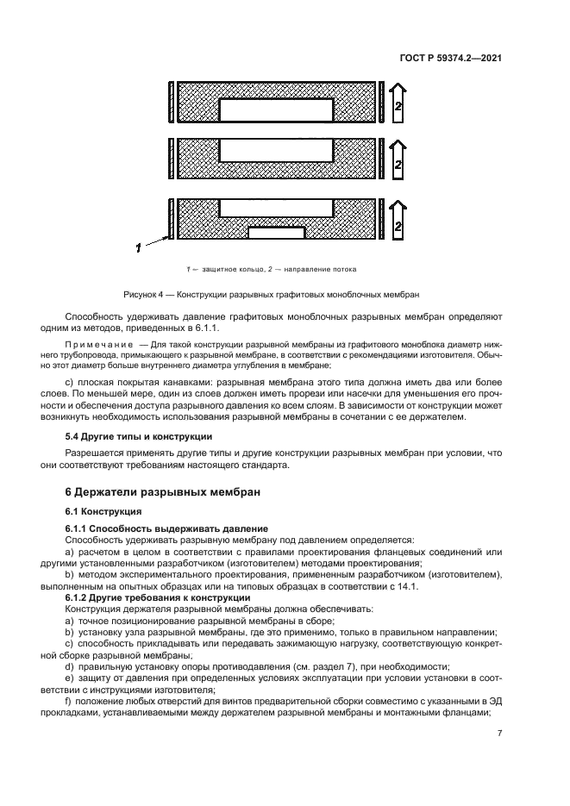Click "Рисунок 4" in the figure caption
coord(143,294)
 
